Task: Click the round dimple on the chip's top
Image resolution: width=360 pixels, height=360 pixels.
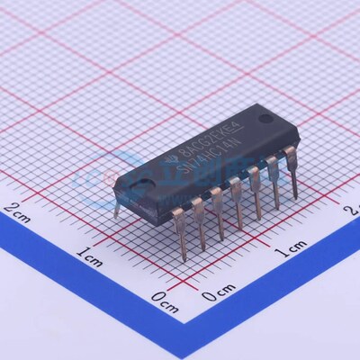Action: pos(265,119)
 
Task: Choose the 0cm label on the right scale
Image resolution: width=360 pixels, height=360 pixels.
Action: pos(219,292)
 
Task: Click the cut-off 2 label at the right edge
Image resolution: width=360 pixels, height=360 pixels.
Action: pos(354,210)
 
